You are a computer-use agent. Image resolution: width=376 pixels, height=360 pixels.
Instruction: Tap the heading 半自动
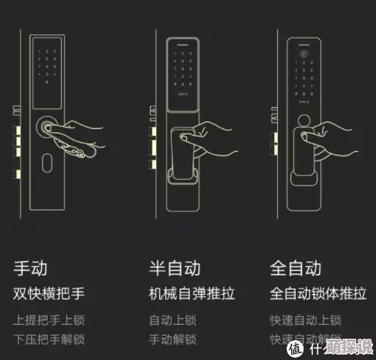tap(174, 268)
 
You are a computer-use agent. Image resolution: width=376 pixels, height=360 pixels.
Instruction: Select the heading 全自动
tap(296, 268)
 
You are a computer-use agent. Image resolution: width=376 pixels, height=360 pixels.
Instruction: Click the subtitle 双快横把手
tap(49, 295)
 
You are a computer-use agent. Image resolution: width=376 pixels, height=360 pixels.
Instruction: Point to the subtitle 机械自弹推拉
tap(192, 295)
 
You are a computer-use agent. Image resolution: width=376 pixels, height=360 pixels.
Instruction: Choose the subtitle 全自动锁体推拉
tap(318, 295)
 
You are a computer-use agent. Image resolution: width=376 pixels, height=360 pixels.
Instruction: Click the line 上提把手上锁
tap(49, 320)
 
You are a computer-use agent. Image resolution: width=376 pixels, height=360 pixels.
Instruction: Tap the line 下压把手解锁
tap(49, 339)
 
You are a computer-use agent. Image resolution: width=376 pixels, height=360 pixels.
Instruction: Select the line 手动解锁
tap(173, 339)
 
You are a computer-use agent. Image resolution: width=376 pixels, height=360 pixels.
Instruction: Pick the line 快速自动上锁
tap(306, 320)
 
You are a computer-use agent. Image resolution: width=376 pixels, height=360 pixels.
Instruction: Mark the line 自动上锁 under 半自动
tap(173, 320)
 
